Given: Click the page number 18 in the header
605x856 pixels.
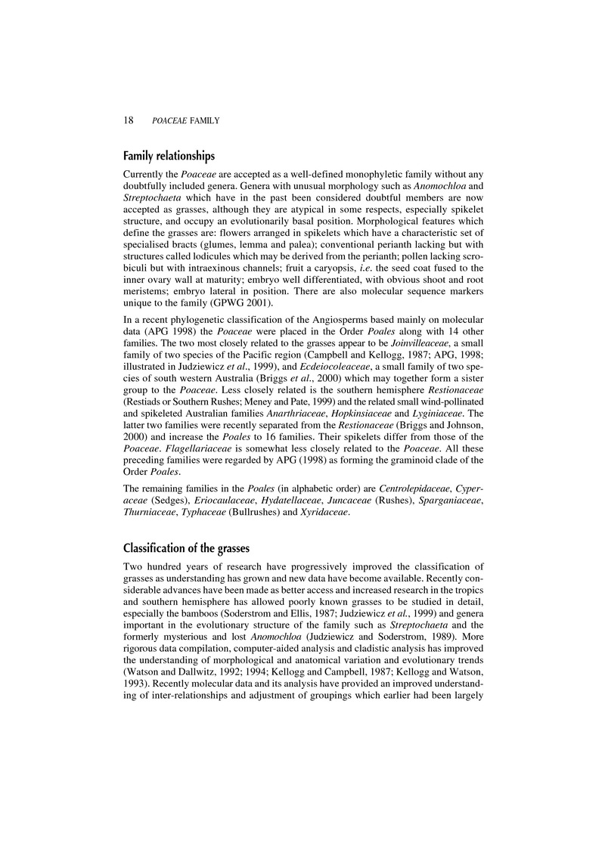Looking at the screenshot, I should click(x=128, y=119).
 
